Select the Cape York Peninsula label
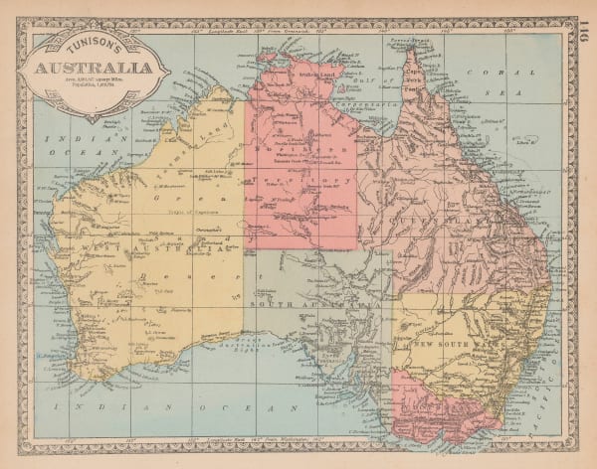click(411, 75)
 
